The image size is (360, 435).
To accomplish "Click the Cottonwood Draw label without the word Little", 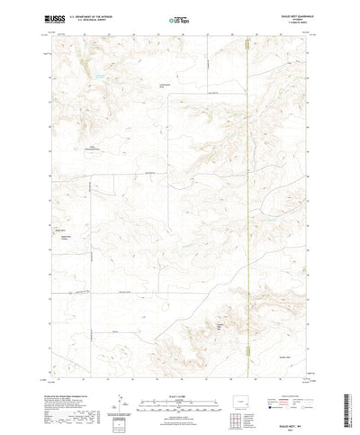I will [165, 86].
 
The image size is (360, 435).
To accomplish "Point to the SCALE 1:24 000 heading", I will [180, 367].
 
